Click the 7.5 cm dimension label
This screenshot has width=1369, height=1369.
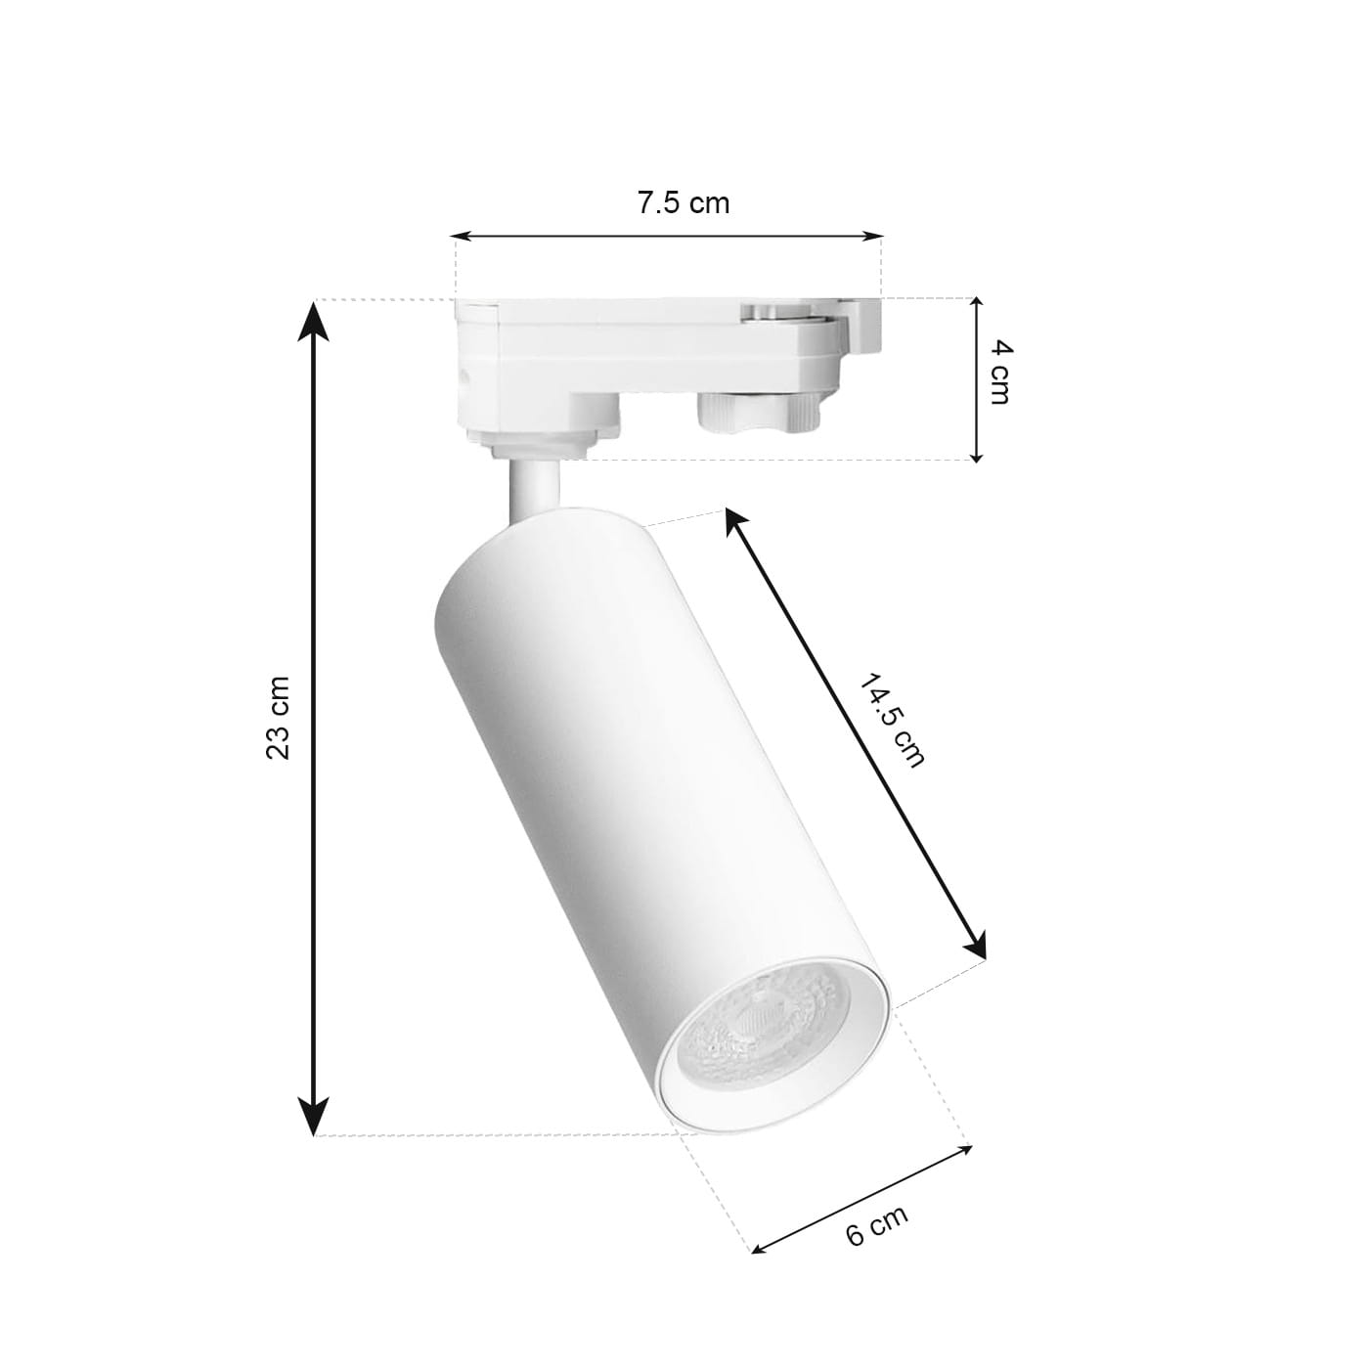(x=683, y=203)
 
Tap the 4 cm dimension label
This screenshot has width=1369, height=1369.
(x=999, y=373)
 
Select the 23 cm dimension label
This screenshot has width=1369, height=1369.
(x=278, y=719)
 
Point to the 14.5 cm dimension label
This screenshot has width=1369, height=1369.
(x=893, y=721)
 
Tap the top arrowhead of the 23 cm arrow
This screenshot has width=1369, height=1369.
(x=313, y=320)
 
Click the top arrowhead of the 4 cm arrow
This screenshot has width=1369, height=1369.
(x=978, y=307)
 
